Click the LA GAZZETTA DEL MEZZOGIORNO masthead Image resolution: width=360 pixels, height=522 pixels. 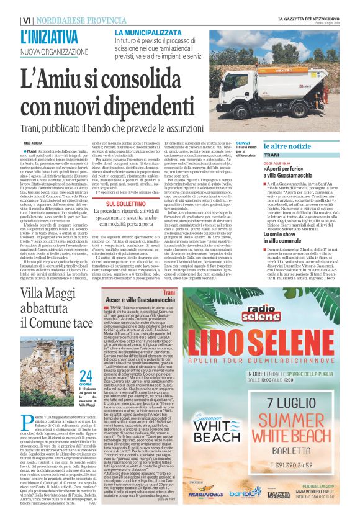point(308,19)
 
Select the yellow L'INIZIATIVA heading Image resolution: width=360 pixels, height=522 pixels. point(50,36)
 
